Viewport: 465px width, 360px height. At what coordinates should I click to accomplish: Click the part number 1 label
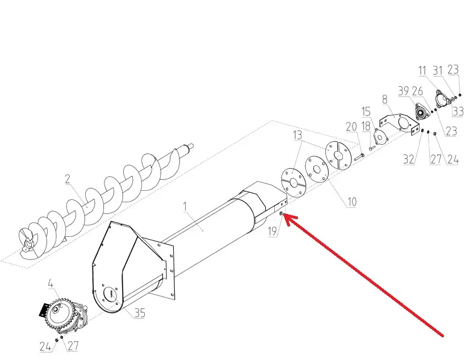tap(185, 207)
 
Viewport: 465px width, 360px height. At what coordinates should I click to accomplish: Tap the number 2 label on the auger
tap(68, 179)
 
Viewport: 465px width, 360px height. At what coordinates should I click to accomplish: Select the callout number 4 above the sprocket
tap(51, 283)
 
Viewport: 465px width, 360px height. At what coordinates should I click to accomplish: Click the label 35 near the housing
tap(140, 313)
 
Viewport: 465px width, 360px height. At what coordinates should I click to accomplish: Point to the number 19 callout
tap(273, 231)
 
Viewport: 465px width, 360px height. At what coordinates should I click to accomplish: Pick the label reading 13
tap(298, 135)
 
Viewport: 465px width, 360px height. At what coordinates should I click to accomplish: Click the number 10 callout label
tap(351, 202)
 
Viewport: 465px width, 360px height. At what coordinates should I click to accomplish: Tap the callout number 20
tap(351, 127)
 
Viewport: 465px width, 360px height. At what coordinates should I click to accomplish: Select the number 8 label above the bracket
tap(385, 99)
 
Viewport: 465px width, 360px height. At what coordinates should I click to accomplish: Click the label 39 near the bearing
tap(403, 91)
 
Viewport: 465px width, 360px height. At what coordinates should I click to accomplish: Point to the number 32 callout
tap(408, 160)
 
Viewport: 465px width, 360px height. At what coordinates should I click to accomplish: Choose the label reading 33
tap(458, 111)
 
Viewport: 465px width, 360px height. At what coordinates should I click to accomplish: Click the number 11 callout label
tap(422, 70)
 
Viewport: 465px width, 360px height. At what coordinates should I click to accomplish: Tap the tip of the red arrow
tap(284, 214)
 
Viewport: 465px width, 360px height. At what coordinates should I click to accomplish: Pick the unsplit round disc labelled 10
tap(317, 169)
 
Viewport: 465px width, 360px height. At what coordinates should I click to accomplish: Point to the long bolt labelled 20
tap(359, 157)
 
